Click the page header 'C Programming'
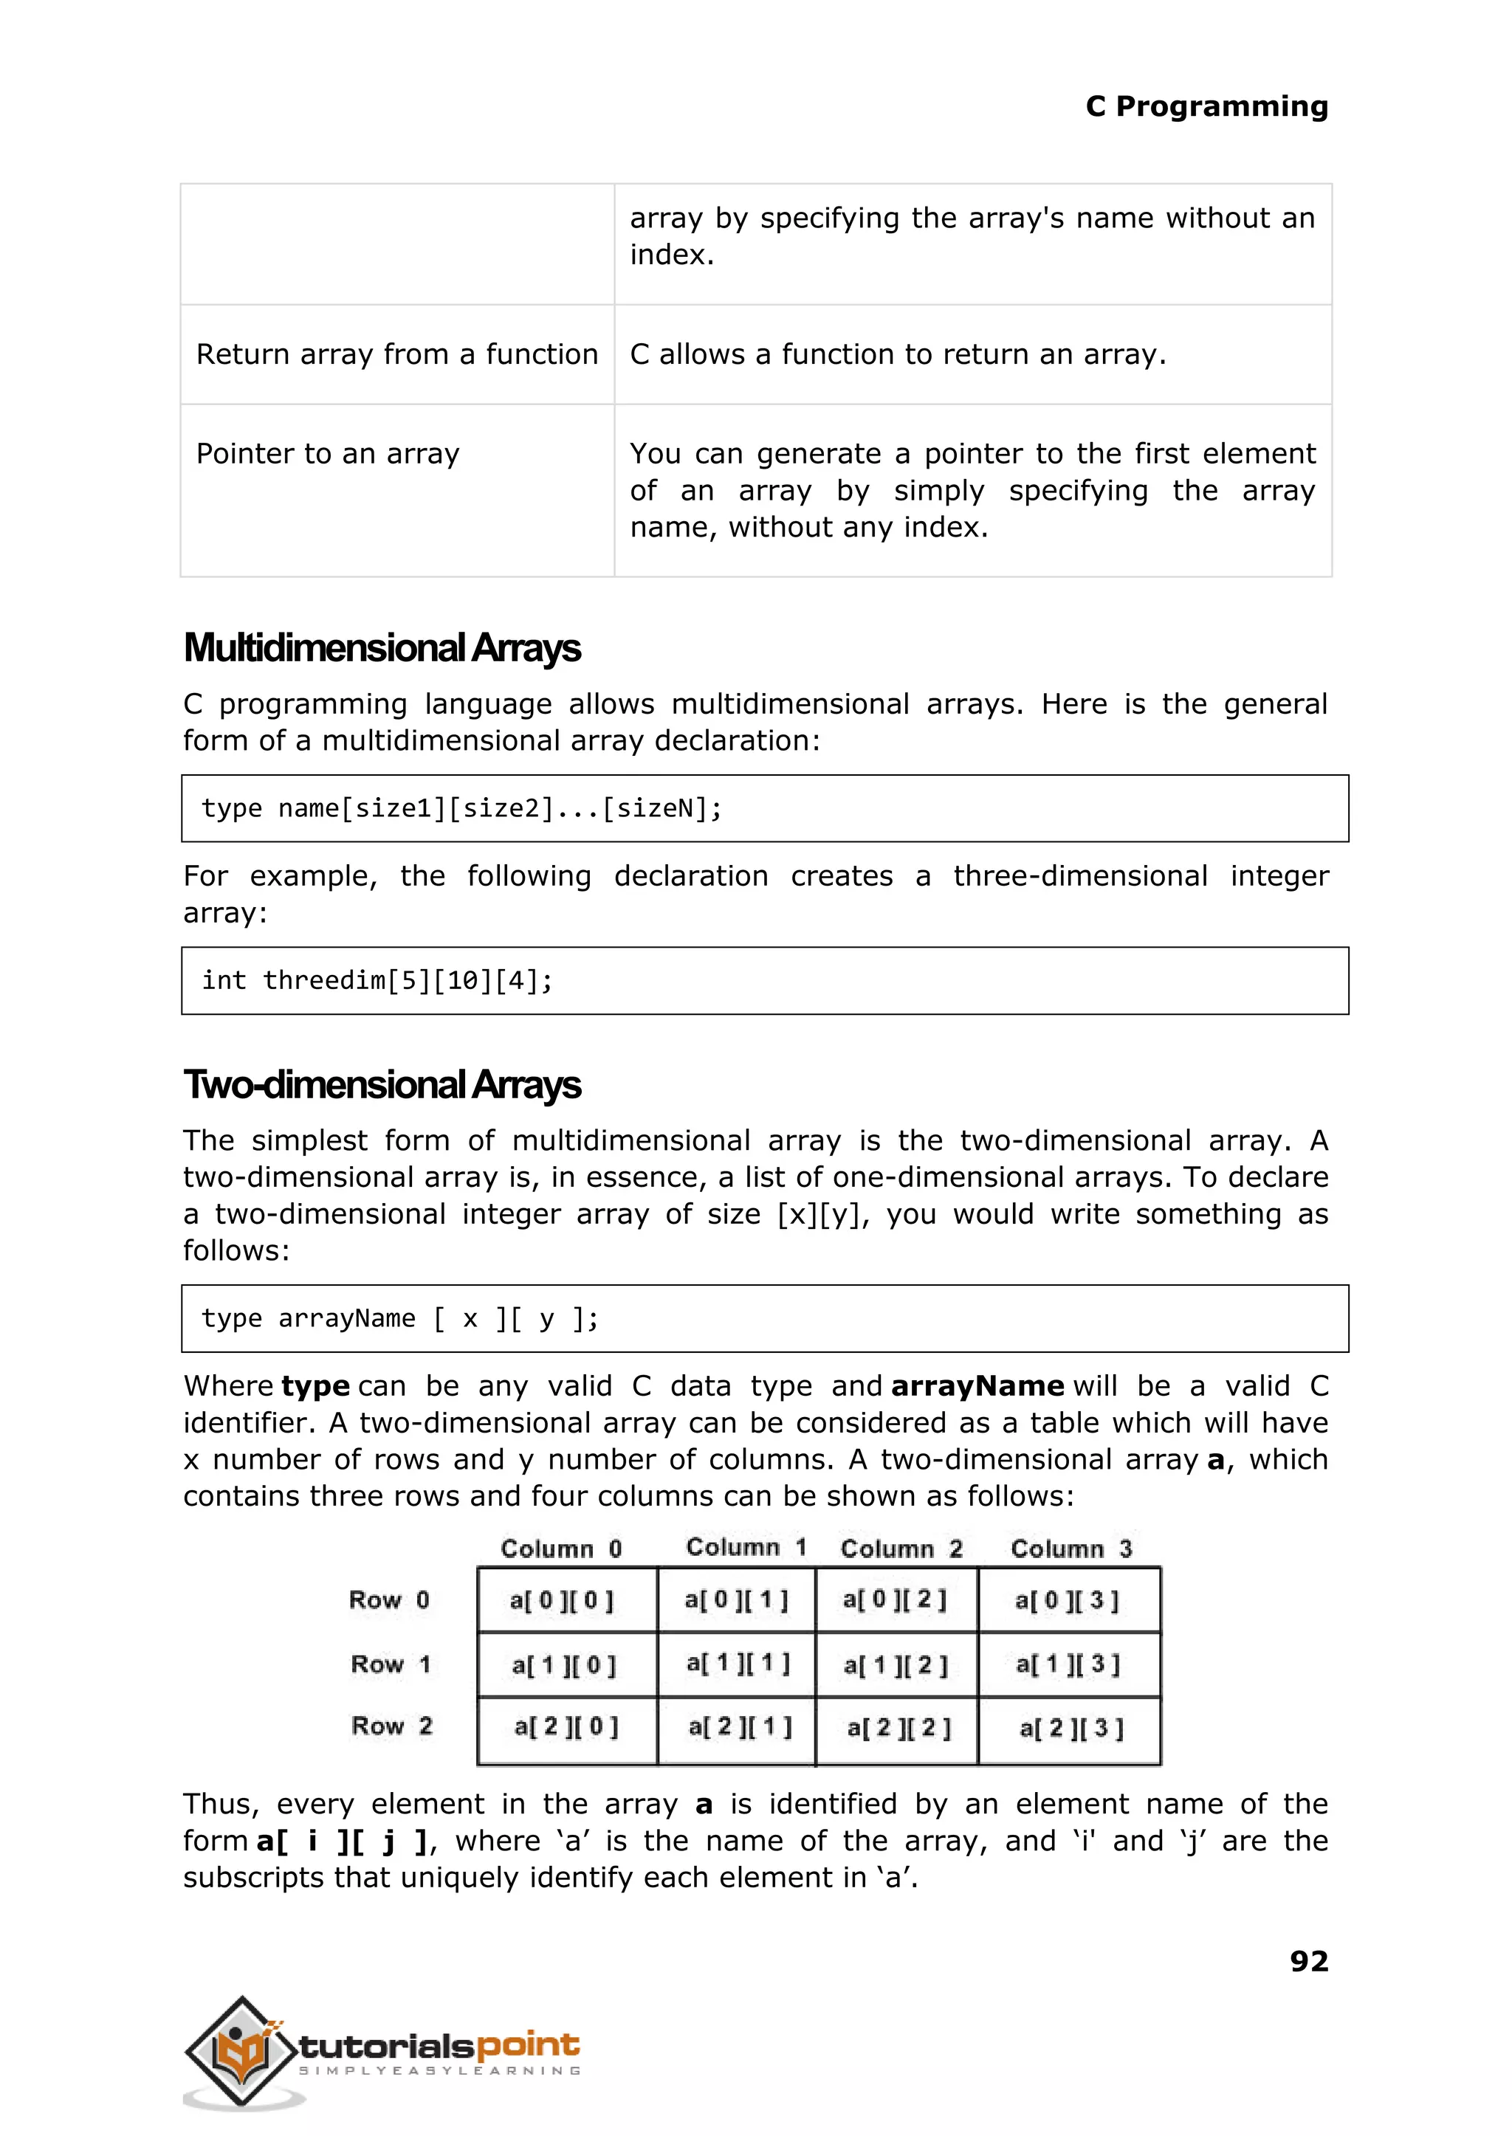click(x=1206, y=107)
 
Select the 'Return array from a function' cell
click(x=396, y=354)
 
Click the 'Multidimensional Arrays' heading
click(x=382, y=649)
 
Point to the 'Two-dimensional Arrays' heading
click(x=382, y=1085)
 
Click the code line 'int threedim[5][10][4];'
click(x=377, y=981)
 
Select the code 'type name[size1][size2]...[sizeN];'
click(x=461, y=809)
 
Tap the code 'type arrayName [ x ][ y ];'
click(x=400, y=1319)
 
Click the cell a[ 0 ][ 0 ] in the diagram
click(x=563, y=1601)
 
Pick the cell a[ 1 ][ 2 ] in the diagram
click(x=896, y=1665)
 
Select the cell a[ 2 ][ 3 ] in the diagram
click(x=1071, y=1729)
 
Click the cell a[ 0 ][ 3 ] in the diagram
click(x=1067, y=1601)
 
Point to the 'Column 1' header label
click(x=746, y=1547)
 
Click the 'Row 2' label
click(x=392, y=1726)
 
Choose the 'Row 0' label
click(x=389, y=1600)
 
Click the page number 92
click(x=1308, y=1962)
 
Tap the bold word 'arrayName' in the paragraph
click(x=977, y=1387)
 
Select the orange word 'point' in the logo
click(x=528, y=2046)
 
